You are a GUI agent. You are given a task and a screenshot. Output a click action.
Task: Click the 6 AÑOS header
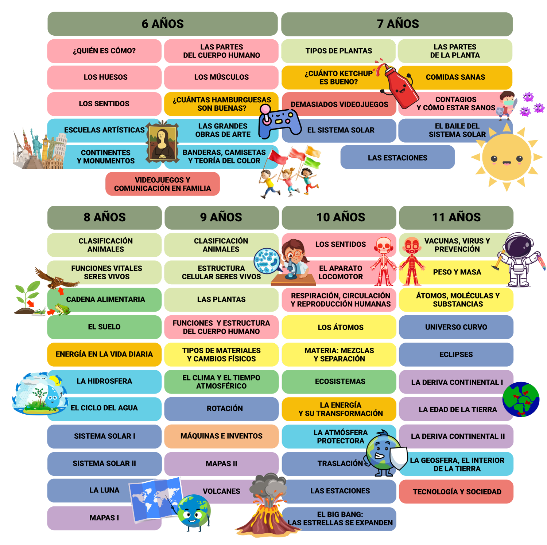163,24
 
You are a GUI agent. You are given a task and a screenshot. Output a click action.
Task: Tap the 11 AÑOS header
456,217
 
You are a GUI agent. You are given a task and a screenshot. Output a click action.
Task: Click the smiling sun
507,157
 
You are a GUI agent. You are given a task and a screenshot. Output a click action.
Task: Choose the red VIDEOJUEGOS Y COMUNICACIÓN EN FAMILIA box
163,184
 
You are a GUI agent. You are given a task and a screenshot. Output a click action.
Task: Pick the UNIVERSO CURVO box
456,327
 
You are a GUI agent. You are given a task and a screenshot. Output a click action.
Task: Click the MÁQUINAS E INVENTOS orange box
221,436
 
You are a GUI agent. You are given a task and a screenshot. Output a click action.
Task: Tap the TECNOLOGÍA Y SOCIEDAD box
457,491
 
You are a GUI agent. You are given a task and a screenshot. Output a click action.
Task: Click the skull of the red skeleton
383,245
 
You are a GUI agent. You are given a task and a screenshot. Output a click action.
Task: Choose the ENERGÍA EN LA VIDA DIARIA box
104,354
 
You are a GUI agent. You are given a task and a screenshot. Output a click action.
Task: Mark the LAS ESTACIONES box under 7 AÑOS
397,157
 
